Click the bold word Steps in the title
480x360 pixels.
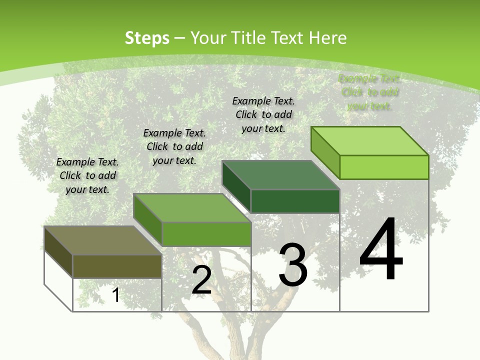click(x=147, y=38)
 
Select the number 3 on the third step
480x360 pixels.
click(x=293, y=265)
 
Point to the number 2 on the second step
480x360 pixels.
click(x=201, y=280)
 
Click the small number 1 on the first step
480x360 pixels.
click(x=115, y=295)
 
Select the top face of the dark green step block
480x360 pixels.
click(x=280, y=175)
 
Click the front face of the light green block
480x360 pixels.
click(x=384, y=167)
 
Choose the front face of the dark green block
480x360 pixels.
click(x=295, y=201)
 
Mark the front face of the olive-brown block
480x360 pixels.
click(x=117, y=266)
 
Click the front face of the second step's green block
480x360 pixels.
click(x=206, y=234)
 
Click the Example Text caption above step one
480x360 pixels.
click(x=87, y=175)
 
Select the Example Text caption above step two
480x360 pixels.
click(x=174, y=146)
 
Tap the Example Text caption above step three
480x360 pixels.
click(x=263, y=114)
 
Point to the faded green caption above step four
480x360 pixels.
click(x=369, y=92)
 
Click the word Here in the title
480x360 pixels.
click(x=327, y=38)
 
